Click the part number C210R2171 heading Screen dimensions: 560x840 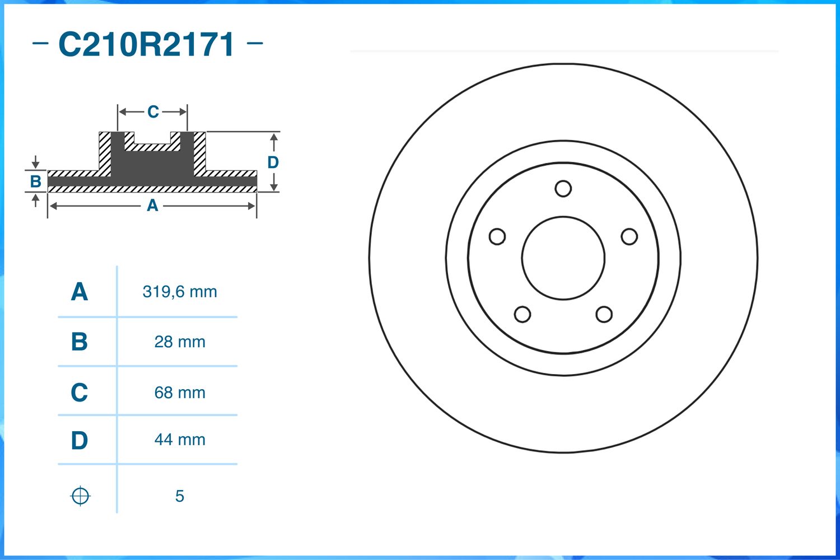point(147,45)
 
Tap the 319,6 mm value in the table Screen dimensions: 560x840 point(180,292)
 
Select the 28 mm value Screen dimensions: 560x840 point(180,342)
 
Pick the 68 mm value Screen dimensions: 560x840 point(180,393)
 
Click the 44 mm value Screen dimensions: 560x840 point(180,440)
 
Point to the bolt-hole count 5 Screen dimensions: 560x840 point(180,496)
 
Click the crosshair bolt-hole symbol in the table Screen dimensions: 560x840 point(80,496)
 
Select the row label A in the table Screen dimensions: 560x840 point(80,292)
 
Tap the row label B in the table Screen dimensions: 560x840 point(80,342)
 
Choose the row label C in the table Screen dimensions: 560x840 point(80,393)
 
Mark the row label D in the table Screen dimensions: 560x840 point(80,441)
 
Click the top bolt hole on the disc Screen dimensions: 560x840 point(563,189)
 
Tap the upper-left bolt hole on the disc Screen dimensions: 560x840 point(497,237)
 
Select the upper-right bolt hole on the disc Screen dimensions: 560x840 point(629,237)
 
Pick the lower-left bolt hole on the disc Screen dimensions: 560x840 point(522,314)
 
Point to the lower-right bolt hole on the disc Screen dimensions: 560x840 point(604,314)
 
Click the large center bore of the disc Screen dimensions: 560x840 point(563,258)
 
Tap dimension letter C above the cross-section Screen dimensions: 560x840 point(153,112)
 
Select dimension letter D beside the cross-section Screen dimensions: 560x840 point(273,162)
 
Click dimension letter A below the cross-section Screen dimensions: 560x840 point(152,206)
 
